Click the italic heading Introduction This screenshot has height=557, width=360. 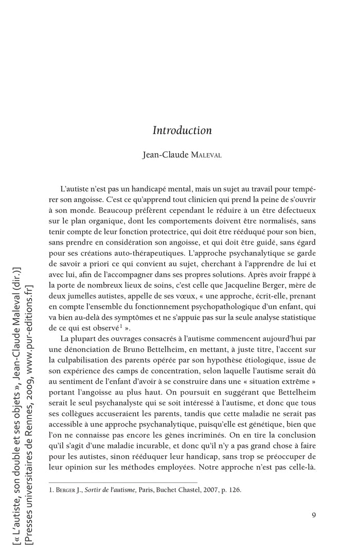pos(182,131)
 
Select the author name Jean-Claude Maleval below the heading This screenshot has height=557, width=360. pos(182,155)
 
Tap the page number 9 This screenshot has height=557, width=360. pos(314,515)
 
